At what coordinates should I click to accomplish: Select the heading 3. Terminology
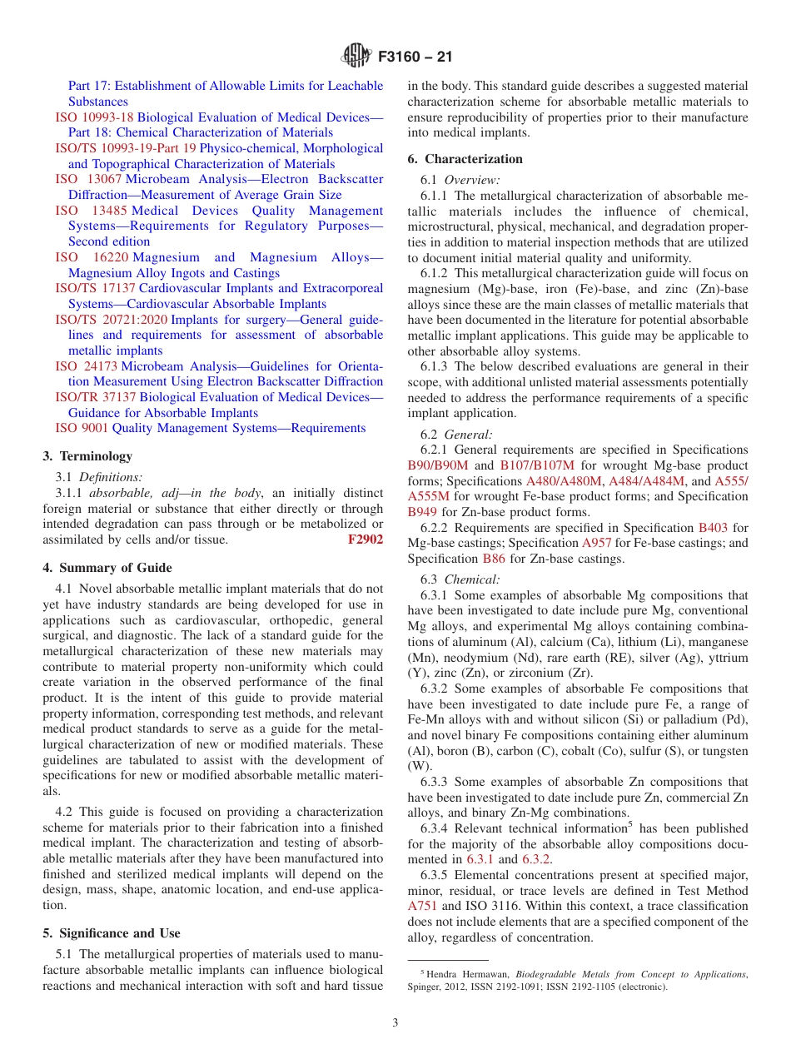[x=87, y=456]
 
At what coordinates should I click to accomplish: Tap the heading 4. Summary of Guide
[x=107, y=568]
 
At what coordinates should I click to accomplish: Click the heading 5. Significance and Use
[x=112, y=933]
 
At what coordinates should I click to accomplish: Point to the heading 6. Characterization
[x=465, y=159]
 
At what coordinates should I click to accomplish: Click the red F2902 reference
[x=365, y=539]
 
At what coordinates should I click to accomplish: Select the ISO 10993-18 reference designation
[x=94, y=117]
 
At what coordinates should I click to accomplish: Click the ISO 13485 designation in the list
[x=92, y=211]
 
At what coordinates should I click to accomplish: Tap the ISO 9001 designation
[x=82, y=428]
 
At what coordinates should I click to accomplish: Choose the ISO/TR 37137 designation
[x=96, y=397]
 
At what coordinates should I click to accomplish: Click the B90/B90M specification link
[x=438, y=465]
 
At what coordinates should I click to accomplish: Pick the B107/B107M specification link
[x=537, y=465]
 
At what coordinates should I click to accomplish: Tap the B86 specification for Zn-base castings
[x=493, y=559]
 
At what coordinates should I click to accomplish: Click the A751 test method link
[x=422, y=906]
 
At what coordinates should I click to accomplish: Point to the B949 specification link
[x=422, y=512]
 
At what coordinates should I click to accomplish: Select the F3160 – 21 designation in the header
[x=415, y=57]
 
